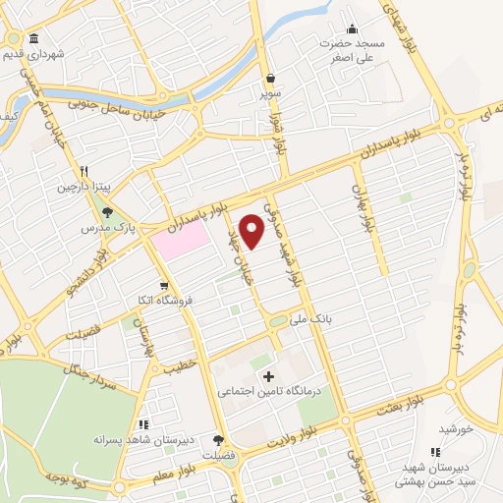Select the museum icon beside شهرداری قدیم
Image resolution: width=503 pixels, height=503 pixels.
point(34,38)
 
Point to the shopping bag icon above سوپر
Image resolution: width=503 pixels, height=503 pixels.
point(270,78)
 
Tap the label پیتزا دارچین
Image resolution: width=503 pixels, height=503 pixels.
point(83,186)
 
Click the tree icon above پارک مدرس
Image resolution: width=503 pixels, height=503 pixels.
point(107,211)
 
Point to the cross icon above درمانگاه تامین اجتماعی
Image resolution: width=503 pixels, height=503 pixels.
point(269,376)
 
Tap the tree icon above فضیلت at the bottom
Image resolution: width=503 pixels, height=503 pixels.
point(217,441)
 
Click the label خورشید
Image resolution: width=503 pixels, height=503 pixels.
point(456,429)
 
